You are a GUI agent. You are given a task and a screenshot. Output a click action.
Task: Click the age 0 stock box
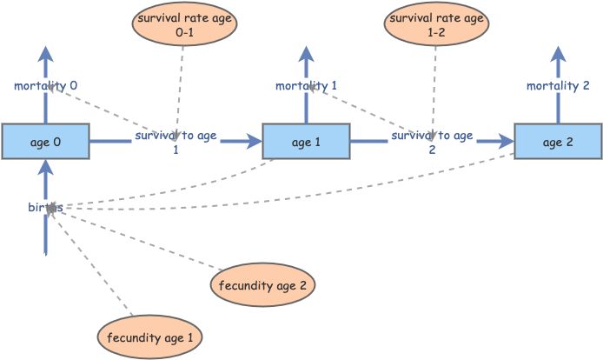[x=45, y=141]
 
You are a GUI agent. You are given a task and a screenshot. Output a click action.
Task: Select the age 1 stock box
[x=305, y=141]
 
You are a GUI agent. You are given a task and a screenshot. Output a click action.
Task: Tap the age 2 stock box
[x=557, y=141]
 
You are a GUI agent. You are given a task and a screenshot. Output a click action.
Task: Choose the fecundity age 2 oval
[x=262, y=283]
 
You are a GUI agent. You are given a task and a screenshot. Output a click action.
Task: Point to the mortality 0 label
[x=45, y=86]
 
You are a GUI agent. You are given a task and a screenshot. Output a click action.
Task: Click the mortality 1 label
[x=306, y=86]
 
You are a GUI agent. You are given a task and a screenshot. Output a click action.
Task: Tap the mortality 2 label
[x=558, y=86]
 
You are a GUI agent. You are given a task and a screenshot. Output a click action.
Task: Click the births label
[x=45, y=208]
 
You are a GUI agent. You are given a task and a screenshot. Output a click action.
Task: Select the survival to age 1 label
[x=176, y=143]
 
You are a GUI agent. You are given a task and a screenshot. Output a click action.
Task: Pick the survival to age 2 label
[x=432, y=143]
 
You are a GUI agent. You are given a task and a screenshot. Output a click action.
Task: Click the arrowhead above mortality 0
[x=45, y=52]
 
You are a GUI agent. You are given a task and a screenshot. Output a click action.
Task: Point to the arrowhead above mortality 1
[x=306, y=52]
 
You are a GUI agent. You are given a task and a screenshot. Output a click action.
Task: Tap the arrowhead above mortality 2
[x=558, y=52]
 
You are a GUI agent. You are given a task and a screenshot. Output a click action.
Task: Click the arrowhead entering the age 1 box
[x=254, y=141]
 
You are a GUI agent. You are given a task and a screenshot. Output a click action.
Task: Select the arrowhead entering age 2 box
[x=506, y=141]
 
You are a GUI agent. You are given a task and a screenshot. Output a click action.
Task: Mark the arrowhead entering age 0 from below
[x=45, y=168]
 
